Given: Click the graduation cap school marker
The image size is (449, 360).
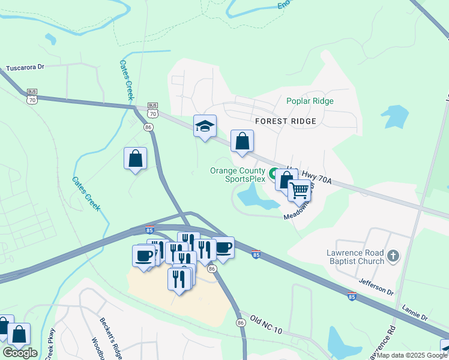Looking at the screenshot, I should point(205,126).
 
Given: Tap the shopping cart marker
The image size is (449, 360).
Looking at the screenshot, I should point(299,191).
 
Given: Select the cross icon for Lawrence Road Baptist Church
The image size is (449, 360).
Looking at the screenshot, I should point(393,256).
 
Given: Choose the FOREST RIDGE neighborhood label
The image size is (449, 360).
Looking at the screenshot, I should point(286,121).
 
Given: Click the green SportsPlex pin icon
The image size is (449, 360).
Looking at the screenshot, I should point(274,175).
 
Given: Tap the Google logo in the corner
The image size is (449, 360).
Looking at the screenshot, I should point(20,352).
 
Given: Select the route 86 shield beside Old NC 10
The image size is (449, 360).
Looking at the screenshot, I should point(241,323).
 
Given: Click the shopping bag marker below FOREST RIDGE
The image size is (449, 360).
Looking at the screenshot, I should point(242,142).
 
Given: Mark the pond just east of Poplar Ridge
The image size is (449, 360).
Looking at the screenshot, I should point(394,116).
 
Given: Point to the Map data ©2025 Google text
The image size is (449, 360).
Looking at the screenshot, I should point(412,355).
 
